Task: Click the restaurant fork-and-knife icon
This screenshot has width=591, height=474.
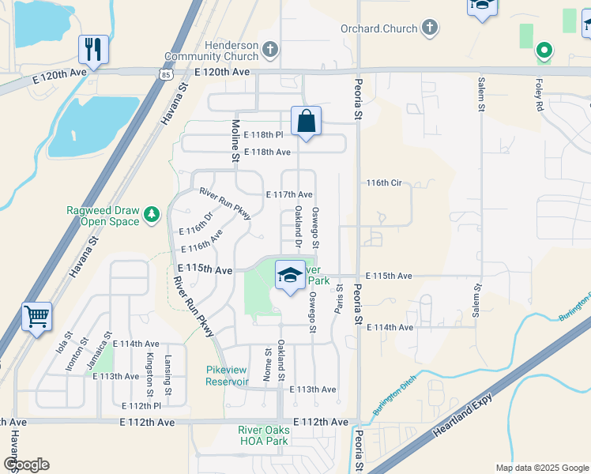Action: pyautogui.click(x=93, y=49)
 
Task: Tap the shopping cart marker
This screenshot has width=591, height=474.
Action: pyautogui.click(x=37, y=317)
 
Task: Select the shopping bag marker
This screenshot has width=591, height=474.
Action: pyautogui.click(x=306, y=122)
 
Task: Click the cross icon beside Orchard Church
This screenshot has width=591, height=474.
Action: pyautogui.click(x=429, y=28)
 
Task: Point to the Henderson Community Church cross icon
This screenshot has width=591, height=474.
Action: pyautogui.click(x=270, y=50)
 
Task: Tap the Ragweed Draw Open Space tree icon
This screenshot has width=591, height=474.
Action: pyautogui.click(x=150, y=213)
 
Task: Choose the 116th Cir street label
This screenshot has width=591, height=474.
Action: pyautogui.click(x=385, y=182)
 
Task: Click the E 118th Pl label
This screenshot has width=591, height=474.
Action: pyautogui.click(x=263, y=135)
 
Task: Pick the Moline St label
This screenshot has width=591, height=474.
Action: pyautogui.click(x=235, y=141)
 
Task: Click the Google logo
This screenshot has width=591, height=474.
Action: pyautogui.click(x=25, y=465)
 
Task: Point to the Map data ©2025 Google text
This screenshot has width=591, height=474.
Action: pyautogui.click(x=541, y=468)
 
